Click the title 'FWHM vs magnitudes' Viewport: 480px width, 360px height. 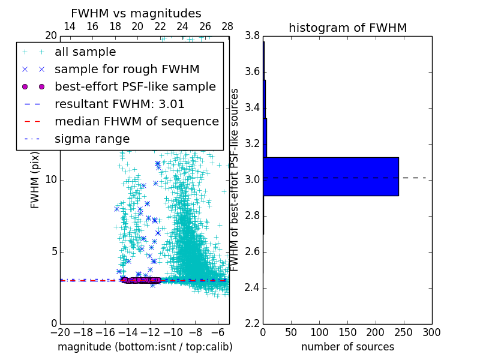pyautogui.click(x=136, y=13)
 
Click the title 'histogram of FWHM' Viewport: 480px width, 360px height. pyautogui.click(x=347, y=28)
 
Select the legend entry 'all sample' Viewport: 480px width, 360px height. pyautogui.click(x=85, y=52)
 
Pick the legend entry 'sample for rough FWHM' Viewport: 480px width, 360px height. pyautogui.click(x=127, y=70)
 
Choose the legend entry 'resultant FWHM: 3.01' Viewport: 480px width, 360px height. pyautogui.click(x=119, y=104)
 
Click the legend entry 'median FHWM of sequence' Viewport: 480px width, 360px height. pyautogui.click(x=136, y=121)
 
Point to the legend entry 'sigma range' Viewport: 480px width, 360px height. pyautogui.click(x=92, y=139)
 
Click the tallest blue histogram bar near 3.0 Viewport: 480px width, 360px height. pyautogui.click(x=331, y=176)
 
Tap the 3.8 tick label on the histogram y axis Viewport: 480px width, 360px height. pyautogui.click(x=251, y=35)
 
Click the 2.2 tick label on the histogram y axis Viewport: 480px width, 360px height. pyautogui.click(x=251, y=323)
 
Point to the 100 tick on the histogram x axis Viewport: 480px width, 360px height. pyautogui.click(x=319, y=332)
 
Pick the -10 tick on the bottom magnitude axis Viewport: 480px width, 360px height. pyautogui.click(x=173, y=332)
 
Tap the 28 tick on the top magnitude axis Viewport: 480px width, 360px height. pyautogui.click(x=227, y=27)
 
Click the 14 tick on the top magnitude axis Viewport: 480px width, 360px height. pyautogui.click(x=70, y=27)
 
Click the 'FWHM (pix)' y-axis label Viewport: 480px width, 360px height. pyautogui.click(x=35, y=180)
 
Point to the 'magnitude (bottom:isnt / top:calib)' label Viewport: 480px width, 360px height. pyautogui.click(x=145, y=347)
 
